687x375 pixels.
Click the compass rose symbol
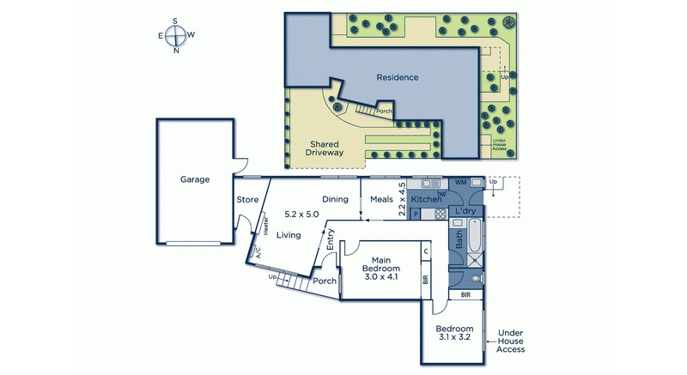176,35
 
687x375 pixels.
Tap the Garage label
195,180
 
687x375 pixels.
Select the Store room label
247,200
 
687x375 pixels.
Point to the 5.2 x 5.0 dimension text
301,215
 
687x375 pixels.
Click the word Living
289,233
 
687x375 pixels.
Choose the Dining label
335,200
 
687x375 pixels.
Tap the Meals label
381,200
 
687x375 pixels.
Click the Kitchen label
426,200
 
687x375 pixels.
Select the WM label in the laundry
459,182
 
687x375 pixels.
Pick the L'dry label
465,210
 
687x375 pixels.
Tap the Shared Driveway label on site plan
325,148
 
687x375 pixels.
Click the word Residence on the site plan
398,77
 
